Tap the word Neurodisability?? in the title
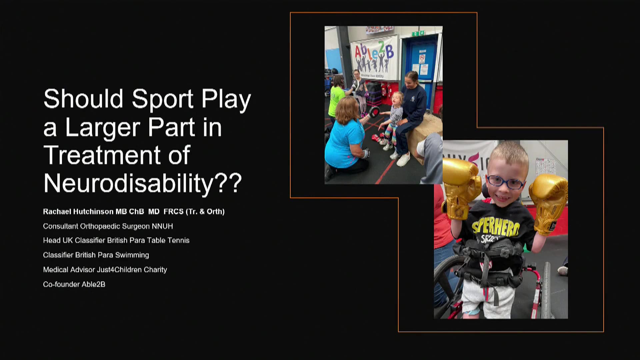click(x=143, y=183)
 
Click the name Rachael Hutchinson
click(x=78, y=211)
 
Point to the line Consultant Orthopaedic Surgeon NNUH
click(x=108, y=226)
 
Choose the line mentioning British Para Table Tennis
click(x=116, y=240)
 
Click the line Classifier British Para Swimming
click(x=96, y=255)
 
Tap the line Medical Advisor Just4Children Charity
click(x=105, y=269)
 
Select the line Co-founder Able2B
click(x=74, y=284)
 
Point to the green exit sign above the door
click(x=418, y=33)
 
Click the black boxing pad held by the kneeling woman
click(x=374, y=112)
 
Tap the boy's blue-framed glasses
click(x=505, y=182)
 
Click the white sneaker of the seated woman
click(x=404, y=159)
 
